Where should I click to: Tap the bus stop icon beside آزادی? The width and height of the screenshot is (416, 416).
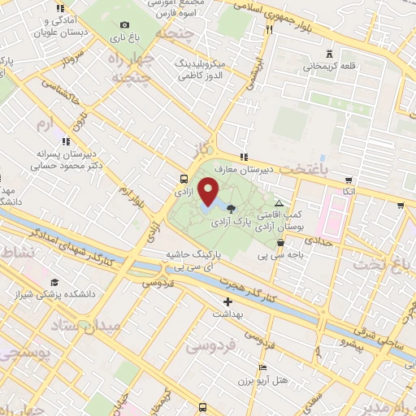(x=184, y=180)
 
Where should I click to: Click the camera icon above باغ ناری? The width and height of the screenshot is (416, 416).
(x=124, y=25)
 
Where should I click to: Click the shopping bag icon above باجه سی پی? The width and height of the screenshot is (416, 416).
(x=280, y=242)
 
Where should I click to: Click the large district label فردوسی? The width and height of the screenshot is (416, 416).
(x=214, y=345)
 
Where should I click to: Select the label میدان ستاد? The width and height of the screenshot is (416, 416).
(x=90, y=326)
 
